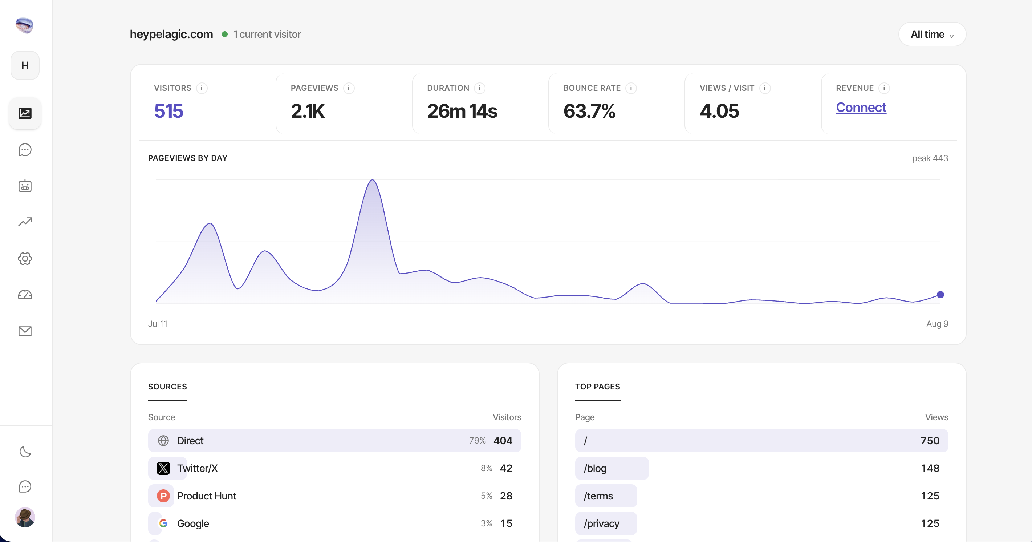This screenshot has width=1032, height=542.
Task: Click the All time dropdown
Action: tap(932, 34)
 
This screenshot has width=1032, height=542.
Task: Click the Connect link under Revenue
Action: tap(861, 108)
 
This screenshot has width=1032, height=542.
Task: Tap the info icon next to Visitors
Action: tap(202, 88)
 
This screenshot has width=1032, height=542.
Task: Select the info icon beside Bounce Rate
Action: tap(631, 88)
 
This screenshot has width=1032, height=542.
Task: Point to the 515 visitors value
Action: tap(168, 111)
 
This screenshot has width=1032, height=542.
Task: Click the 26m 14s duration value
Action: tap(462, 111)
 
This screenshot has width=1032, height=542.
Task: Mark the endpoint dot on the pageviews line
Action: tap(940, 295)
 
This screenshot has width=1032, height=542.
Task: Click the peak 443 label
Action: tap(930, 158)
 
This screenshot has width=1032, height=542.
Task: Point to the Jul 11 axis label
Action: tap(158, 324)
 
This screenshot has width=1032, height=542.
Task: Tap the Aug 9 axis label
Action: tap(937, 324)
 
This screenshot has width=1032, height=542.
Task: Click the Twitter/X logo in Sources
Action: tap(163, 468)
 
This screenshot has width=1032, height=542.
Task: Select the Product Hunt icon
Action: tap(163, 496)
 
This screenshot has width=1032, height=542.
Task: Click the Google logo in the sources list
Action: tap(163, 523)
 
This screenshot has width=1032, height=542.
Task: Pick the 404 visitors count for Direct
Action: tap(503, 441)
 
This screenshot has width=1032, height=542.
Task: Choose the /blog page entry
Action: tap(595, 468)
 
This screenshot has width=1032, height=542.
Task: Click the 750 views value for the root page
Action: tap(930, 441)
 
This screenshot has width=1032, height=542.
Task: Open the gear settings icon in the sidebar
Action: tap(25, 259)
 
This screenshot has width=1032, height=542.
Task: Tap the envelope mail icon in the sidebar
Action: tap(25, 331)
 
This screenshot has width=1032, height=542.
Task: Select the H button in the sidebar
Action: tap(25, 65)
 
